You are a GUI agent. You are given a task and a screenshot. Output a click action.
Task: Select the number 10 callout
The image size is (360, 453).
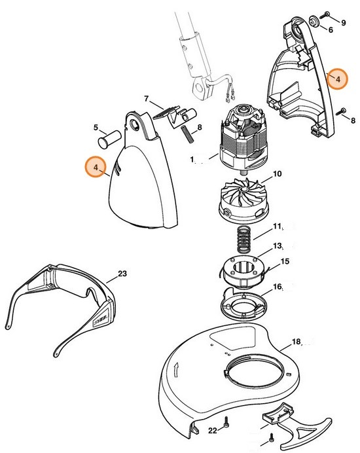(x=278, y=174)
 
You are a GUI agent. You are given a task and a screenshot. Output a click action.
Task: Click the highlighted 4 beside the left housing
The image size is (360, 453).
(x=96, y=168)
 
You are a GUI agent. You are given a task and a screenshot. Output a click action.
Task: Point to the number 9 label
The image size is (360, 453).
(x=343, y=24)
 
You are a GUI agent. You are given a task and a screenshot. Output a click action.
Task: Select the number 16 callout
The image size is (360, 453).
(x=278, y=287)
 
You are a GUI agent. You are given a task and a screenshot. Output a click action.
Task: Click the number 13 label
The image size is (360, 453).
(x=278, y=246)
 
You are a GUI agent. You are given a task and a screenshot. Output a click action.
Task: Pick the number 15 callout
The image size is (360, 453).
(x=284, y=262)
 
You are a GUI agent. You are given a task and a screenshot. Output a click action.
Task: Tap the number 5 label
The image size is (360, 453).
(x=96, y=128)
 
